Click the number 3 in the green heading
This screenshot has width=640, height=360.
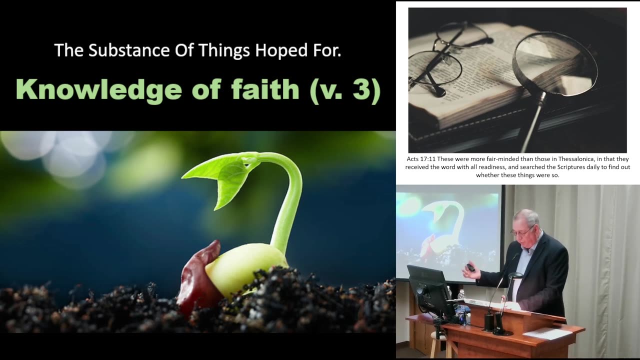tap(361, 90)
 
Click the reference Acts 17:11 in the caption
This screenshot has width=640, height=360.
tap(421, 159)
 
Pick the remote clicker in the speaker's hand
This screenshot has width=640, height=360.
tap(470, 267)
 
